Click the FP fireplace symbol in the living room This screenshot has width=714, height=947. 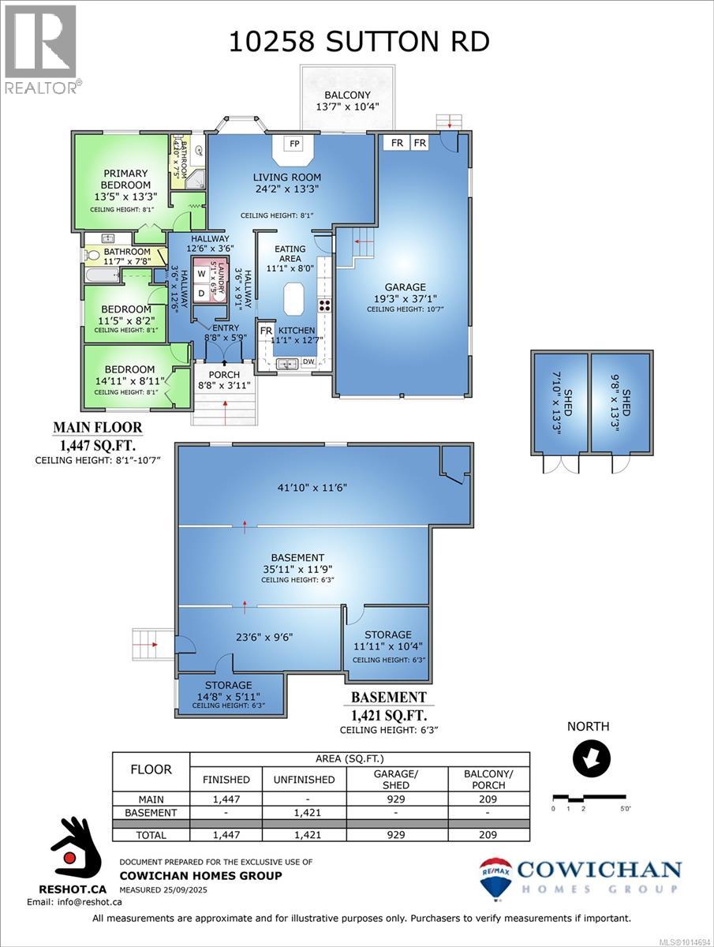tap(294, 144)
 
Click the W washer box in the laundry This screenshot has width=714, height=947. tap(200, 274)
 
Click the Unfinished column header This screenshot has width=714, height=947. tap(299, 779)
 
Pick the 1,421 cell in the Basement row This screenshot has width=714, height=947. tap(299, 812)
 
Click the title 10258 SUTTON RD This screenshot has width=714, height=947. tap(359, 41)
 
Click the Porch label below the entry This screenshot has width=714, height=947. tap(223, 374)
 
